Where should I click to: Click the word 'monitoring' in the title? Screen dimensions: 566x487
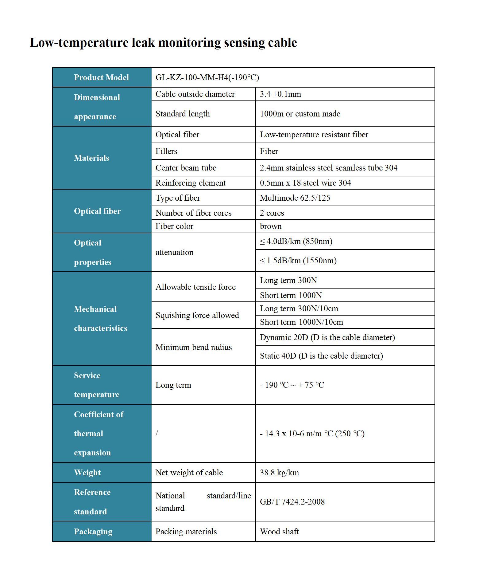tap(189, 42)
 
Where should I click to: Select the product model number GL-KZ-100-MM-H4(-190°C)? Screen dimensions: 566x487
tap(207, 77)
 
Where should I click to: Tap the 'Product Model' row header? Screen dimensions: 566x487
tap(101, 77)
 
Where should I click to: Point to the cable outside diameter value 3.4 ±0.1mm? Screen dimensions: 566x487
tap(280, 94)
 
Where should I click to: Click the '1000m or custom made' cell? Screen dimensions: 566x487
tap(300, 114)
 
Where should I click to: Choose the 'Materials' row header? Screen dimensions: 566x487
tap(91, 158)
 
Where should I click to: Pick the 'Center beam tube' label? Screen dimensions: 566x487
tap(186, 168)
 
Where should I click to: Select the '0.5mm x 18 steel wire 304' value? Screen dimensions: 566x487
tap(305, 183)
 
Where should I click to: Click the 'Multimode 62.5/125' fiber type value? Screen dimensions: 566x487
tap(295, 198)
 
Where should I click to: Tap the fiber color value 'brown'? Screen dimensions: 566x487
tap(271, 226)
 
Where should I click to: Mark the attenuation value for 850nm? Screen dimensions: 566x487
tap(296, 241)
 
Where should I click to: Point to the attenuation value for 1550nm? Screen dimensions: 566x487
tap(298, 261)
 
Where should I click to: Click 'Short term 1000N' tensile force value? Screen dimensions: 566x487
tap(291, 295)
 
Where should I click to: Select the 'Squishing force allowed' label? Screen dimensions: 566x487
tap(197, 315)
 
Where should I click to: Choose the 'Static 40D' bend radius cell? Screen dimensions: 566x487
tap(321, 356)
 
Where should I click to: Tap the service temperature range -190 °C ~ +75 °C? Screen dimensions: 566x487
tap(292, 385)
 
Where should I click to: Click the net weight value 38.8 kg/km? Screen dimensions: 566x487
tap(279, 473)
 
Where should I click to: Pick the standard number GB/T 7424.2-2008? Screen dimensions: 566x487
tap(292, 502)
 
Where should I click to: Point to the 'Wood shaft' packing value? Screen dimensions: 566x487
tap(279, 532)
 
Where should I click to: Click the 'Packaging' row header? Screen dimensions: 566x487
tap(93, 532)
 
